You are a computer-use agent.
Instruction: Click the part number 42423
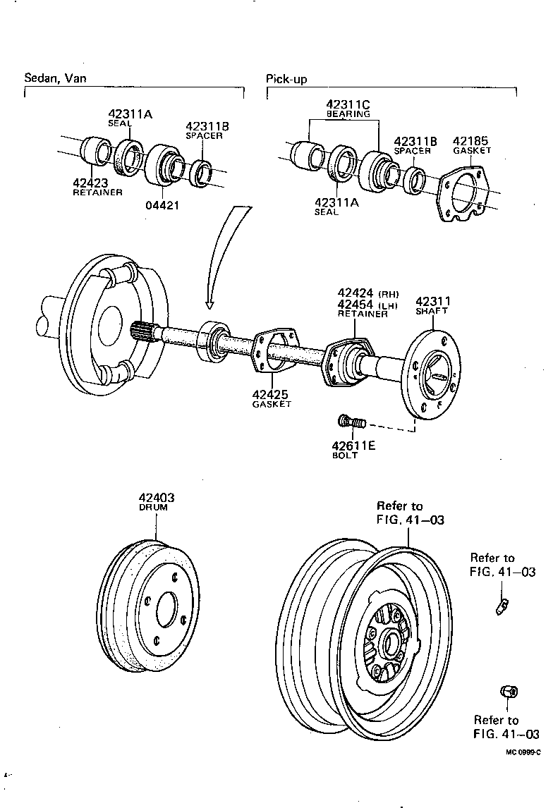coord(90,183)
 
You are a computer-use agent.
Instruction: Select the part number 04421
coord(163,207)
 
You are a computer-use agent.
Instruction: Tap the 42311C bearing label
coord(348,105)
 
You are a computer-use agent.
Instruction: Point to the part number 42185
coord(470,141)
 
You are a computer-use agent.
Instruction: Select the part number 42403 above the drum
coord(157,498)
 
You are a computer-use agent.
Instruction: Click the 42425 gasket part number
coord(271,395)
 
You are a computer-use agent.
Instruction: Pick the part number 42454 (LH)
coord(357,304)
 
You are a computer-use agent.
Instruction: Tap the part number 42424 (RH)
coord(357,293)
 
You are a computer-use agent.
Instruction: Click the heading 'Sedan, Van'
coord(56,78)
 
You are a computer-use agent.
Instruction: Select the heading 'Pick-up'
coord(286,79)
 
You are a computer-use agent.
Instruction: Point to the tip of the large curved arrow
coord(209,307)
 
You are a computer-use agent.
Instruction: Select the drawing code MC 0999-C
coord(523,752)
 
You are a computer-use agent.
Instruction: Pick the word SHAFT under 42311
coord(432,311)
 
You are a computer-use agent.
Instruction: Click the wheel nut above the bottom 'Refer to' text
coord(506,692)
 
